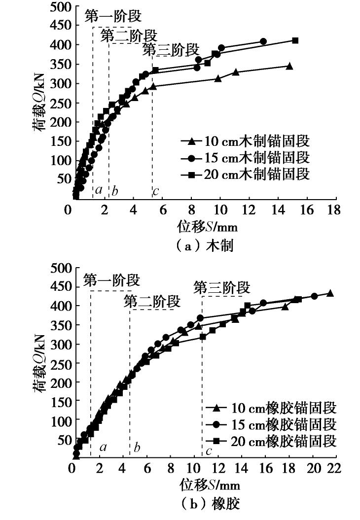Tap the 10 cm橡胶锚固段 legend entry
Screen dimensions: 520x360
click(x=270, y=408)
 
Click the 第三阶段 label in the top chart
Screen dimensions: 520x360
click(x=171, y=50)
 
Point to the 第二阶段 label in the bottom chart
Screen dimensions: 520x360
click(x=152, y=301)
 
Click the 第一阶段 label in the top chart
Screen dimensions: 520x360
click(x=113, y=16)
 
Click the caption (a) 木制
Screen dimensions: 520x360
click(x=204, y=245)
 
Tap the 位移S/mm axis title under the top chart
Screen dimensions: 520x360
click(x=205, y=227)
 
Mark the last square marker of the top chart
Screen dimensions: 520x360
click(x=295, y=40)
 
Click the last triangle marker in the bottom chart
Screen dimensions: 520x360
click(x=330, y=293)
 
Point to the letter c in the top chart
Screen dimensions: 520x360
click(x=156, y=191)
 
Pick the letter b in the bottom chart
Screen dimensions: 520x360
click(x=137, y=448)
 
